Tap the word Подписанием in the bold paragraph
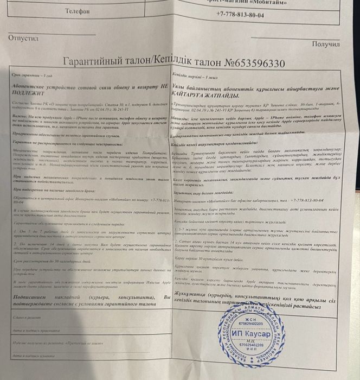35,298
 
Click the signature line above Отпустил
52,34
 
